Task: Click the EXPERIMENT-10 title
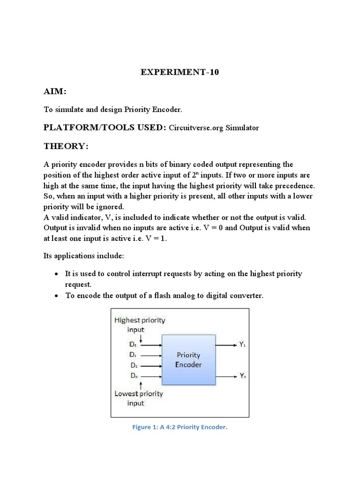180,73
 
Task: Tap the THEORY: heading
66,146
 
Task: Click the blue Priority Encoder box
188,360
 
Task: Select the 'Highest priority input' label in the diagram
140,324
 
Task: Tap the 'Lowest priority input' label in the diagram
138,398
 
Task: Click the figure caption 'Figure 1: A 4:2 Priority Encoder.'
180,427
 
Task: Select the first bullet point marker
56,274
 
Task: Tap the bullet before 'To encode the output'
56,296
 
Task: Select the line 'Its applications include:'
83,256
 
